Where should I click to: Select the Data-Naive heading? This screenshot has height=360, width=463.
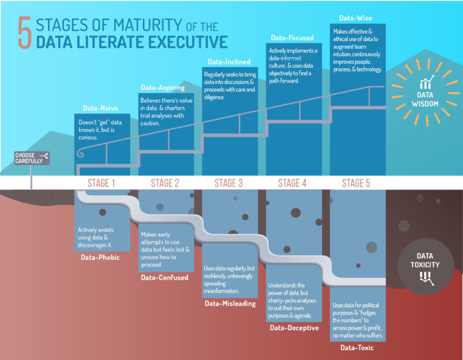pos(98,108)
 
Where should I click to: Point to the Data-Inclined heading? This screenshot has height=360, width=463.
pos(227,61)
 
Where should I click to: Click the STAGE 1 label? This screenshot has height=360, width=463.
pos(101,184)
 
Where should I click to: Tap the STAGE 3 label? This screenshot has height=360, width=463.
pos(229,184)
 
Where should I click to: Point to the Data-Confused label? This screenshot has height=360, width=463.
pos(164,278)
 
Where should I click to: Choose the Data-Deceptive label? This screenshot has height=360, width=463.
pos(295,328)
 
